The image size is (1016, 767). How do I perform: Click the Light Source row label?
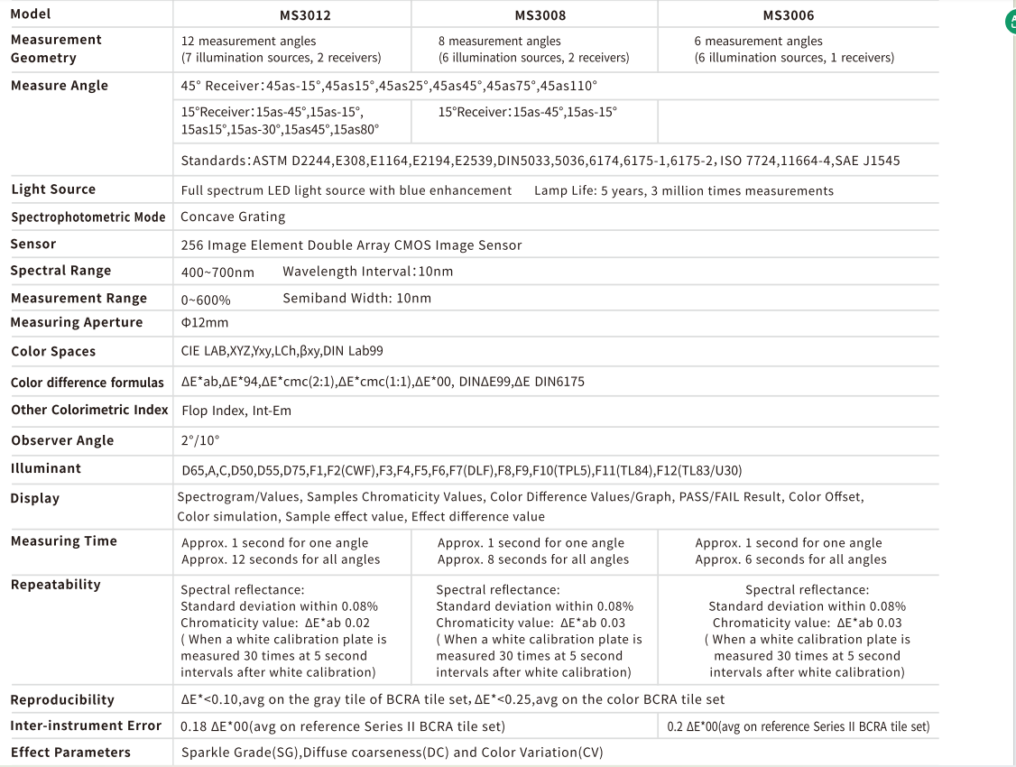click(53, 189)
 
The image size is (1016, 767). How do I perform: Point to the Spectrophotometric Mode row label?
click(88, 217)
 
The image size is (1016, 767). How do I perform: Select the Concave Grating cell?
click(233, 217)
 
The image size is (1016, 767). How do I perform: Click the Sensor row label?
click(33, 244)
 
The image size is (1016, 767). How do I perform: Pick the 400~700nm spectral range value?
click(217, 272)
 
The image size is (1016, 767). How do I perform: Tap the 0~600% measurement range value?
click(206, 299)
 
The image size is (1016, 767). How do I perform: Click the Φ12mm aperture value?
click(205, 323)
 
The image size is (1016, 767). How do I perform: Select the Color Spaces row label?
click(53, 352)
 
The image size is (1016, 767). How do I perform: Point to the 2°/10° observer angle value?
click(200, 441)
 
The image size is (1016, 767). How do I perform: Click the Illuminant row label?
click(46, 468)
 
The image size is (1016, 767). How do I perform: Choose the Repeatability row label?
click(56, 585)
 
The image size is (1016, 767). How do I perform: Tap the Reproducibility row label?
click(63, 700)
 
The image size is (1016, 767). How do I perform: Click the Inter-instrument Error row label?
click(87, 725)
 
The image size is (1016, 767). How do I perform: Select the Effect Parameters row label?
click(71, 753)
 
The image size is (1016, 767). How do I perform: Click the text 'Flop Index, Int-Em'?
click(236, 411)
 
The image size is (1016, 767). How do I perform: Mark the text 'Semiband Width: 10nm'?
click(357, 298)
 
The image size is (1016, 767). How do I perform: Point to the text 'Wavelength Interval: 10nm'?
click(368, 272)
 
